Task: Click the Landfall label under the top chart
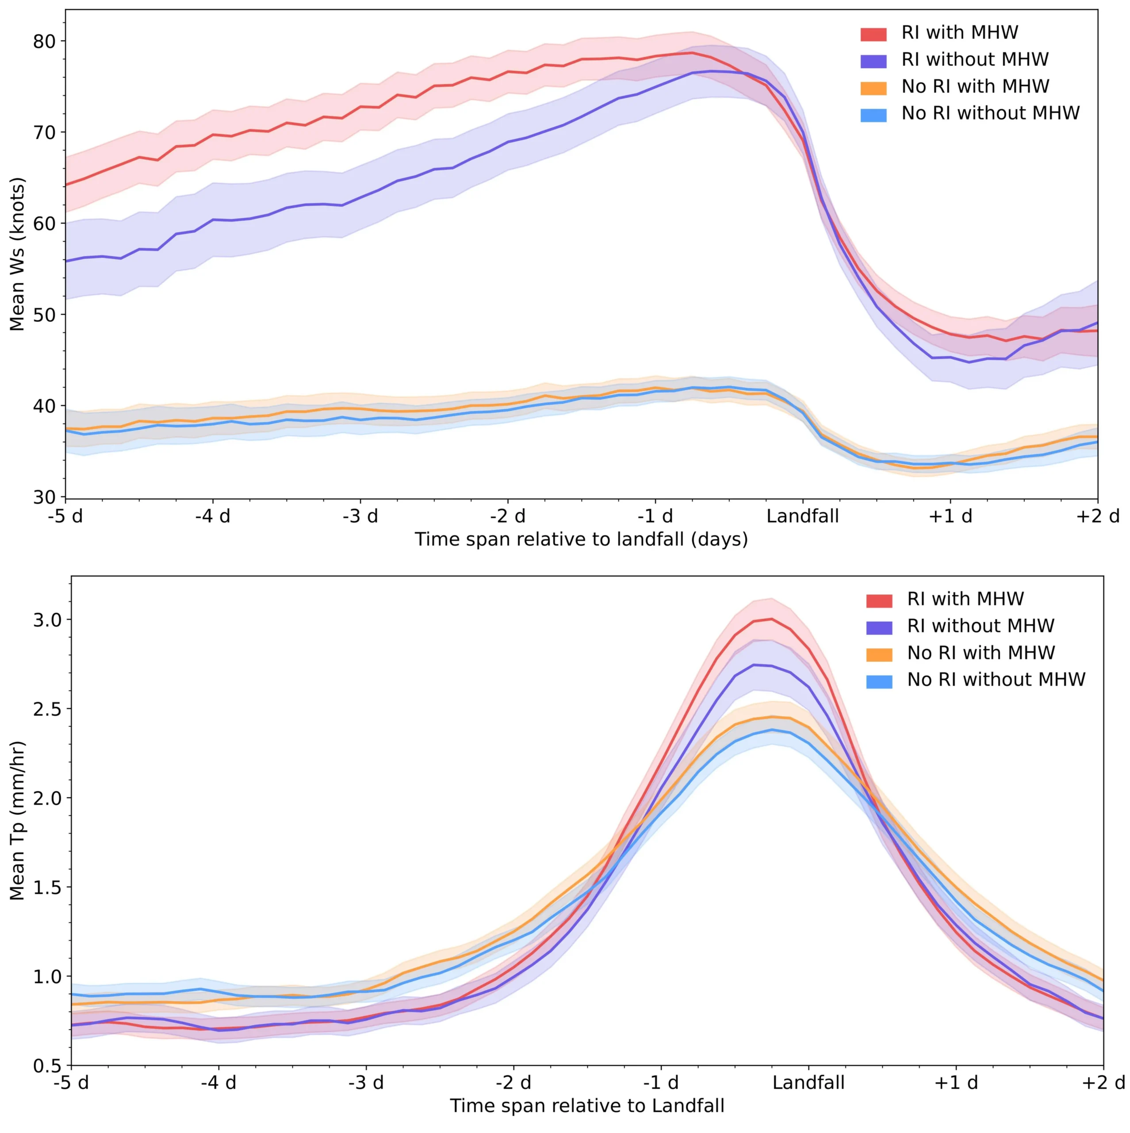click(x=802, y=516)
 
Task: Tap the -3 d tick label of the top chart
click(x=360, y=516)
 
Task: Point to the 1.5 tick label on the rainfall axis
click(x=47, y=887)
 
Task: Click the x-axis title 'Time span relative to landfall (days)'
click(x=581, y=539)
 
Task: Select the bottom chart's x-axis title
click(x=587, y=1106)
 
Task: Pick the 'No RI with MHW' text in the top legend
click(x=975, y=86)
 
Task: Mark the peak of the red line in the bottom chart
click(x=771, y=619)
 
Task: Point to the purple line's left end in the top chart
click(x=66, y=261)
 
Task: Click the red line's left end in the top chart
click(x=66, y=185)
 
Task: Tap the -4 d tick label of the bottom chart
click(x=218, y=1082)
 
